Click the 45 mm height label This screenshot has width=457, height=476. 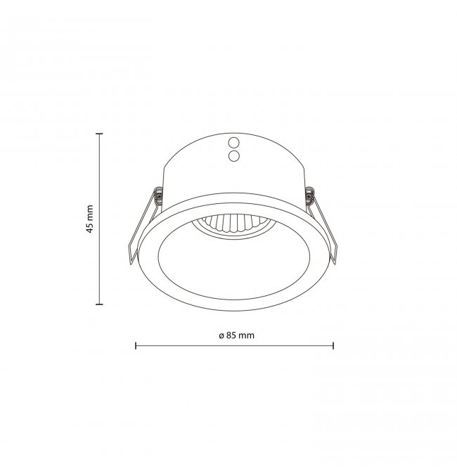[x=89, y=219]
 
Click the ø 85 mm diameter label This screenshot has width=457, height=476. [x=236, y=335]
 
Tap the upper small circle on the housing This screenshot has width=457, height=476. [x=234, y=142]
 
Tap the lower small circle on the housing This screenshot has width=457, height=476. [x=234, y=156]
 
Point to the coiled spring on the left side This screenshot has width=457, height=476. [x=158, y=195]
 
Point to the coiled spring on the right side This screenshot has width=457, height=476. [x=309, y=195]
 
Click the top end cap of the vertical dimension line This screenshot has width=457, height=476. [x=99, y=134]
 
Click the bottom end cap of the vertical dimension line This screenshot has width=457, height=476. [x=99, y=304]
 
